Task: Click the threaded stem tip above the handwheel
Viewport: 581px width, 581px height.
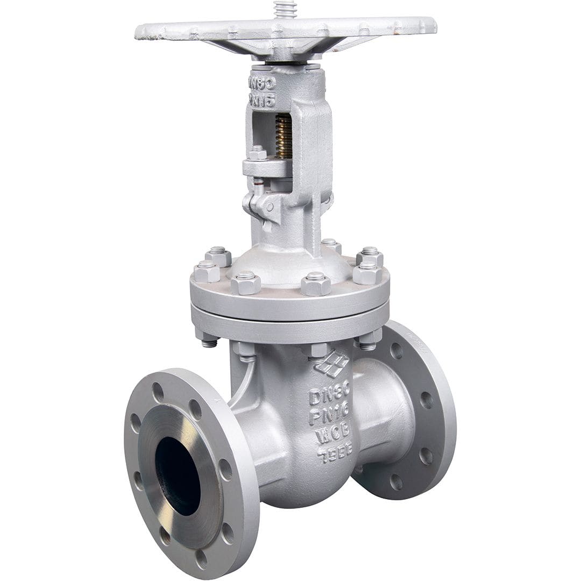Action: (285, 9)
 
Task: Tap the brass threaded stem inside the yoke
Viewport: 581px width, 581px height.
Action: (284, 137)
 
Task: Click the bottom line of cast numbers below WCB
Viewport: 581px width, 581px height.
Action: (335, 454)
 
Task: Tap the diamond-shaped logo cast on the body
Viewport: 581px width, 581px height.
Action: (332, 364)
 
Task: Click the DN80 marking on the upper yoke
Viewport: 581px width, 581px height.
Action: (262, 83)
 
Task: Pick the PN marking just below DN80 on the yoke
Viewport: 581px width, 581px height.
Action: (262, 100)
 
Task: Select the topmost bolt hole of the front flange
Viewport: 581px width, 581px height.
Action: (158, 392)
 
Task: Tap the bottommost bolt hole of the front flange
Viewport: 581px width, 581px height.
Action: (201, 558)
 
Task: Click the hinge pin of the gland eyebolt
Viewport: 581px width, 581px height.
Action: (268, 206)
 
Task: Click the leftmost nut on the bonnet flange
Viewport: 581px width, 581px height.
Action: (207, 271)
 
